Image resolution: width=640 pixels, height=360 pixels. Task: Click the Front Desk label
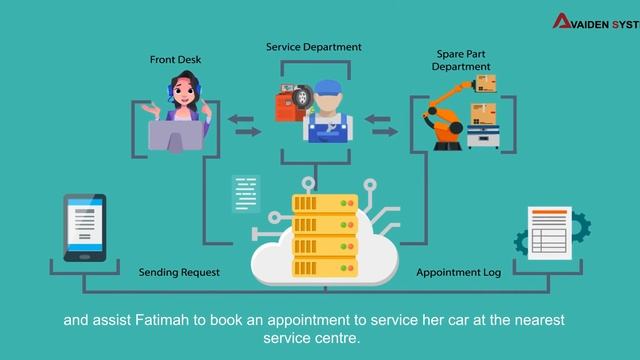coord(176,60)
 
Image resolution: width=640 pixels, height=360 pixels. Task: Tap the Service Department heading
coord(314,47)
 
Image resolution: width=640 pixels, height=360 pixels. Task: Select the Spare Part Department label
coord(461,60)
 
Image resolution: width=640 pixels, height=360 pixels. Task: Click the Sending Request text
coord(179,272)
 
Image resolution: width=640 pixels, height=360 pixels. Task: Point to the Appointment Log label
coord(458,272)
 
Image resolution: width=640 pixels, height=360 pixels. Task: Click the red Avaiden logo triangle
coord(562,21)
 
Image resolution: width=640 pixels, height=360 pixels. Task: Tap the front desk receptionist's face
coord(184,92)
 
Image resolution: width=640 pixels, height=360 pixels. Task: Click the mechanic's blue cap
coord(328,88)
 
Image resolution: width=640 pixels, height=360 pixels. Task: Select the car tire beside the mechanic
coord(302,97)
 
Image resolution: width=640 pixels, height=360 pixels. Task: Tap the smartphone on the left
coord(85,228)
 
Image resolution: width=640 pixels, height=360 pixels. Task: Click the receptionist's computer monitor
coord(176,136)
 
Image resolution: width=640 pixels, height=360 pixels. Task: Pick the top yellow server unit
coord(325,203)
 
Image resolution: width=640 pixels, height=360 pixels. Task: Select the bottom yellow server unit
coord(325,267)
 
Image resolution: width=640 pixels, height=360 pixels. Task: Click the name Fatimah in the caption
coord(162,320)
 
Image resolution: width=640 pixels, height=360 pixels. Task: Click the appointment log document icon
coord(549,233)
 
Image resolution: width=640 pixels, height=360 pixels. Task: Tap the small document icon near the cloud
coord(246,194)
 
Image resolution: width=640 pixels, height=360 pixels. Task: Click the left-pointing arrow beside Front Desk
coord(241,120)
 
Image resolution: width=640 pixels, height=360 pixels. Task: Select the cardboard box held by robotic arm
coord(486,83)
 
